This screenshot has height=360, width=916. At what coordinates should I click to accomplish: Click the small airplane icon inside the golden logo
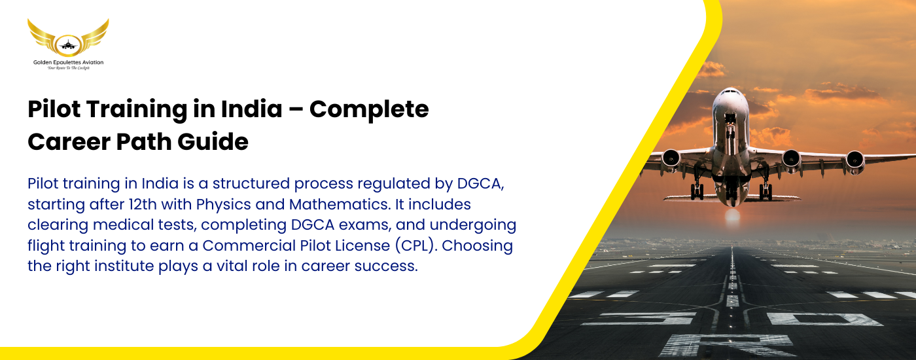[68, 45]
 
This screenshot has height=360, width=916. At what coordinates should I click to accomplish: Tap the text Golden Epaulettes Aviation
[68, 62]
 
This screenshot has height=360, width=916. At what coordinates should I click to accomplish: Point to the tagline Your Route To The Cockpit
[68, 68]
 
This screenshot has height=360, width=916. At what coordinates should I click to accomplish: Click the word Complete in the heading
[369, 110]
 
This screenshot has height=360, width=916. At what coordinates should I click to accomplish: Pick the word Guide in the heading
[213, 141]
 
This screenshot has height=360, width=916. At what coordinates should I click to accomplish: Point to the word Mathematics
[340, 204]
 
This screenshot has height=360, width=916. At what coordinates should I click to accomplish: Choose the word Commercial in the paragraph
[249, 245]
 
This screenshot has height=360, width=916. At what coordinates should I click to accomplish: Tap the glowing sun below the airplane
[732, 216]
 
